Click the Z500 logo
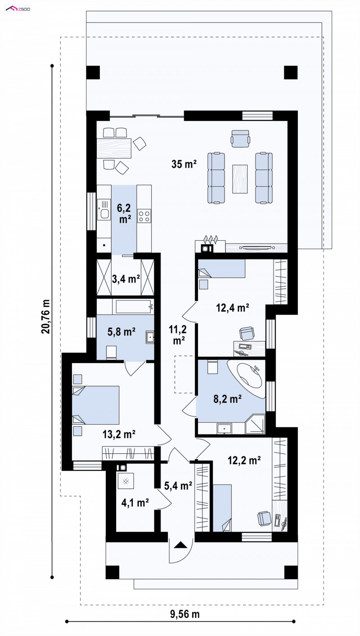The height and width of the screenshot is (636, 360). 18,9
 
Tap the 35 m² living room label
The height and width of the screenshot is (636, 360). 184,164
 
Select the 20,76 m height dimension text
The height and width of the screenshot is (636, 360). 46,316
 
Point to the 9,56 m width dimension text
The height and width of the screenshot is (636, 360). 184,614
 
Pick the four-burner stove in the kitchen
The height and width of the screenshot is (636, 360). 144,216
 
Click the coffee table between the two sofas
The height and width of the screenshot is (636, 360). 240,179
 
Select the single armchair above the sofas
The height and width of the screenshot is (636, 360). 241,139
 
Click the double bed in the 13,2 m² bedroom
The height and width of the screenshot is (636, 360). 95,405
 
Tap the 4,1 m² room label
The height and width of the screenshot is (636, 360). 135,503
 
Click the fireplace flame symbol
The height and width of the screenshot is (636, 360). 211,239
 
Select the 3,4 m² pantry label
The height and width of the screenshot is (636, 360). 126,279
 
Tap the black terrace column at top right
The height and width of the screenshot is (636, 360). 291,72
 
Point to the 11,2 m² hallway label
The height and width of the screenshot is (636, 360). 178,335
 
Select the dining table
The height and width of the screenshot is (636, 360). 114,148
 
